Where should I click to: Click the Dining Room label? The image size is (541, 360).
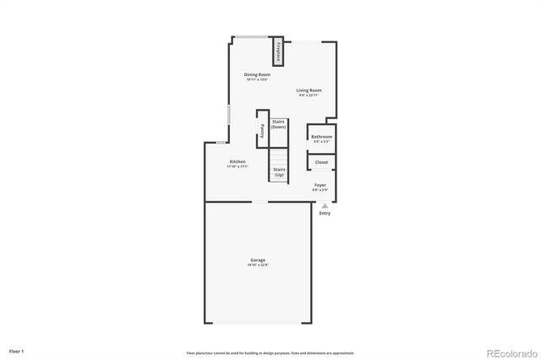click(257, 74)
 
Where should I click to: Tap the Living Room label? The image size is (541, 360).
click(309, 90)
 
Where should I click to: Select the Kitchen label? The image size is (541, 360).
click(238, 161)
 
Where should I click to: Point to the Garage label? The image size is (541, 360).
click(258, 259)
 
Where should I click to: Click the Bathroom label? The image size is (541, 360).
click(321, 137)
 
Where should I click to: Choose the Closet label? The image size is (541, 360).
click(321, 162)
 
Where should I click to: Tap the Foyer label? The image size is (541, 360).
click(320, 184)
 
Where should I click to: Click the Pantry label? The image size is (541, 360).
click(262, 132)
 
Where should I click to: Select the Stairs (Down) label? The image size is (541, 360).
click(278, 123)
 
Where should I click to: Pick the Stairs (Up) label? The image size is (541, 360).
click(278, 172)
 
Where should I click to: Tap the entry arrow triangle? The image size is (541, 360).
click(325, 205)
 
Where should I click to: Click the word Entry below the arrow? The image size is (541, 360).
click(325, 213)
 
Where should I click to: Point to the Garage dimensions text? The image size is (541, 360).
click(258, 265)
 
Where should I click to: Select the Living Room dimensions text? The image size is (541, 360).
click(309, 95)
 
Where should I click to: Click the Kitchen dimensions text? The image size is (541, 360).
click(238, 166)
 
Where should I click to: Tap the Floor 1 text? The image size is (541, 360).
click(17, 350)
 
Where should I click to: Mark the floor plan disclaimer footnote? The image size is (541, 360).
click(270, 352)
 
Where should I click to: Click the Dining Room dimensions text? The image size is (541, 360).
click(257, 79)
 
